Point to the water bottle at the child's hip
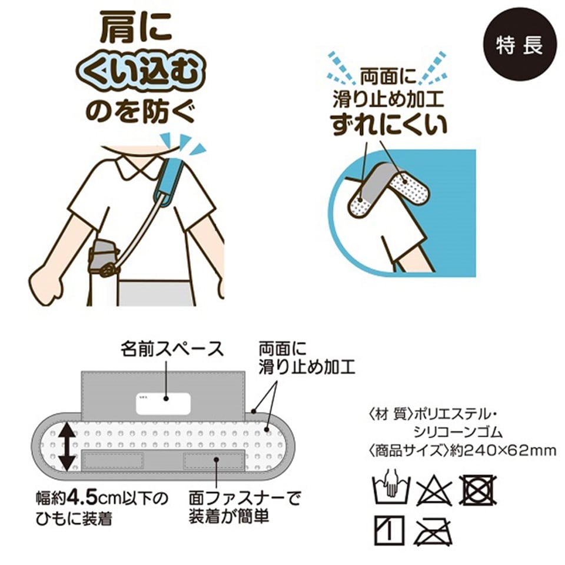pos(101,256)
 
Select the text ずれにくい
pos(388,125)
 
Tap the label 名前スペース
pos(172,349)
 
